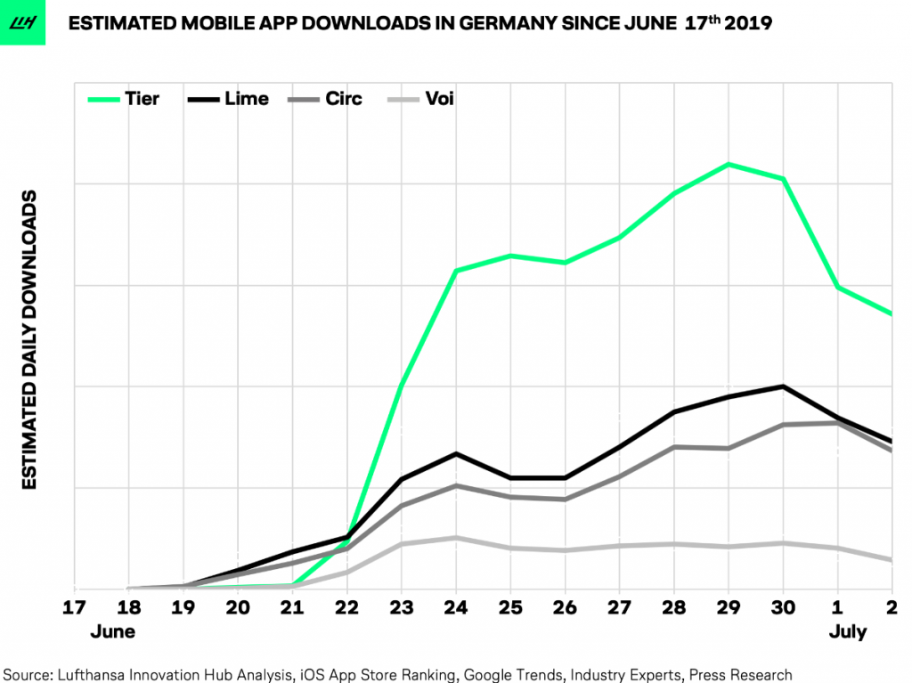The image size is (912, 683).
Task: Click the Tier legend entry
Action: [124, 98]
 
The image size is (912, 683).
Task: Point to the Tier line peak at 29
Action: [729, 164]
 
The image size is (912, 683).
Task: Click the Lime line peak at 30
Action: [784, 386]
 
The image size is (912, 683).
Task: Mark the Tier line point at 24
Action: [456, 271]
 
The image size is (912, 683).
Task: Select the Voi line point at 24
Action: [456, 538]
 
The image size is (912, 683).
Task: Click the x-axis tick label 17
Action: [76, 608]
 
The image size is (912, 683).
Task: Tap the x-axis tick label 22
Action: [347, 608]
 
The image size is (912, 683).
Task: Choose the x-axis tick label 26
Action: [565, 608]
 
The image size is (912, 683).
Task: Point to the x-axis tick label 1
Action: [838, 608]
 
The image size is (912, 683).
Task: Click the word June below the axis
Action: [113, 632]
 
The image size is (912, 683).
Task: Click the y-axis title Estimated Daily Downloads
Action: [29, 339]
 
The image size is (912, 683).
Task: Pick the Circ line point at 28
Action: [674, 447]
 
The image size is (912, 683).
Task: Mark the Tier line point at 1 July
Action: [838, 288]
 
